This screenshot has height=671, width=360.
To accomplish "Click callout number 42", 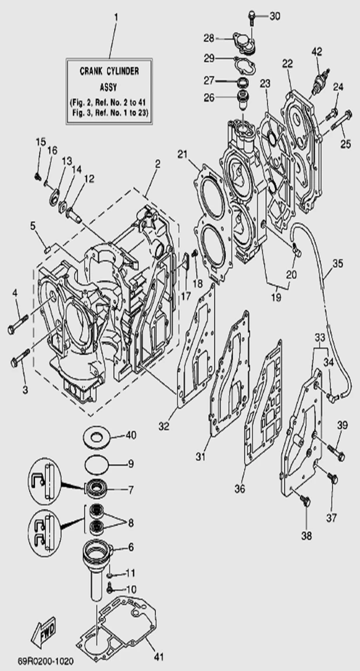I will click(316, 51).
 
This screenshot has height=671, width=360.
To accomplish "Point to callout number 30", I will click(275, 16).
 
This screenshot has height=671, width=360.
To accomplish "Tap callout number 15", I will click(40, 143).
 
